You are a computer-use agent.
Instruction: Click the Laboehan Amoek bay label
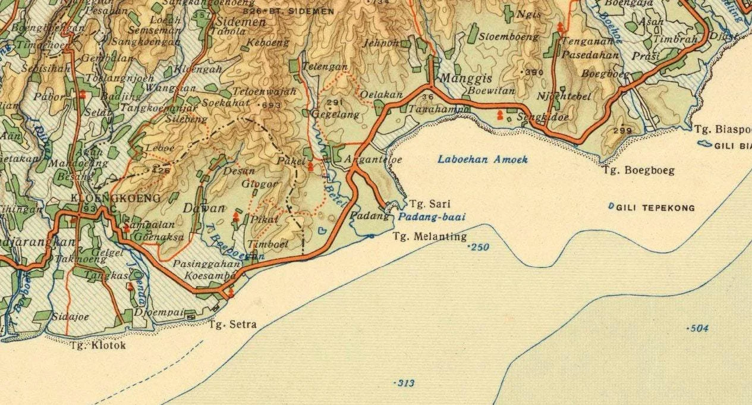coord(482,159)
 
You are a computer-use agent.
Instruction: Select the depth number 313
coord(405,384)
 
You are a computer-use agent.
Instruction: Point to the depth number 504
coord(698,328)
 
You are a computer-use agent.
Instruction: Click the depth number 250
coord(479,247)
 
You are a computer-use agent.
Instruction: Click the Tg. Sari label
coord(426,204)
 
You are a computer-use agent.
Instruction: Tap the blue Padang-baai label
coord(431,217)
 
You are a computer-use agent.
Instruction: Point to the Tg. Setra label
coord(232,324)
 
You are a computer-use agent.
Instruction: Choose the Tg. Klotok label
coord(98,345)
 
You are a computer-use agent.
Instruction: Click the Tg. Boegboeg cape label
coord(638,171)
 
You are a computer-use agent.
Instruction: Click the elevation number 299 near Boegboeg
coord(622,130)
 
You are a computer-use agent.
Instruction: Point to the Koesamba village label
coord(202,276)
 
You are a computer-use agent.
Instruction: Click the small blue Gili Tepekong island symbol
coord(611,206)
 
